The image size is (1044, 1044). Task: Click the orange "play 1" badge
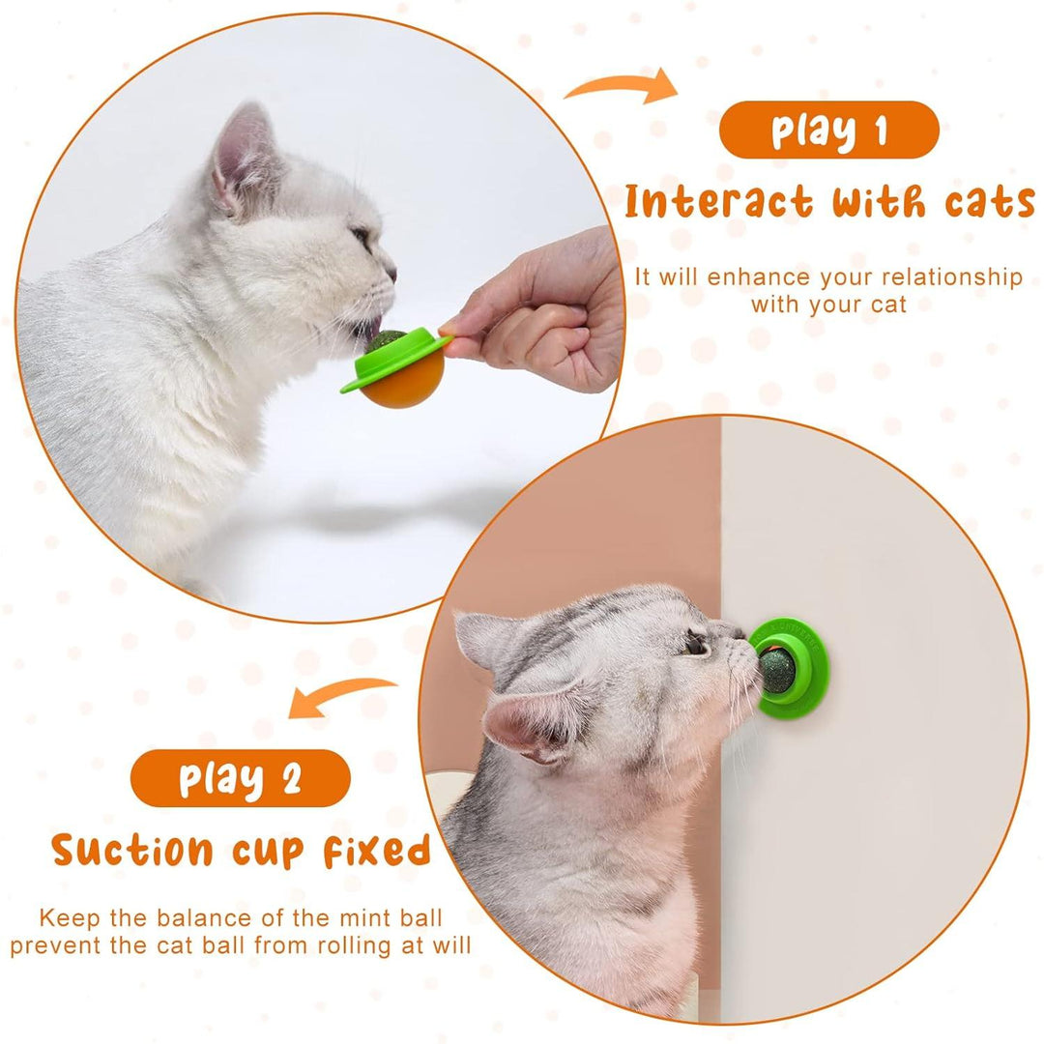pos(828,130)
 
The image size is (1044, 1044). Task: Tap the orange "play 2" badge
pos(240,777)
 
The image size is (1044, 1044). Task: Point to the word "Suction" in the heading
pos(131,851)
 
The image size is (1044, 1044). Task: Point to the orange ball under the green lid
pos(406,383)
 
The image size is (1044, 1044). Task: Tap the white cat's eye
pos(362,235)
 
